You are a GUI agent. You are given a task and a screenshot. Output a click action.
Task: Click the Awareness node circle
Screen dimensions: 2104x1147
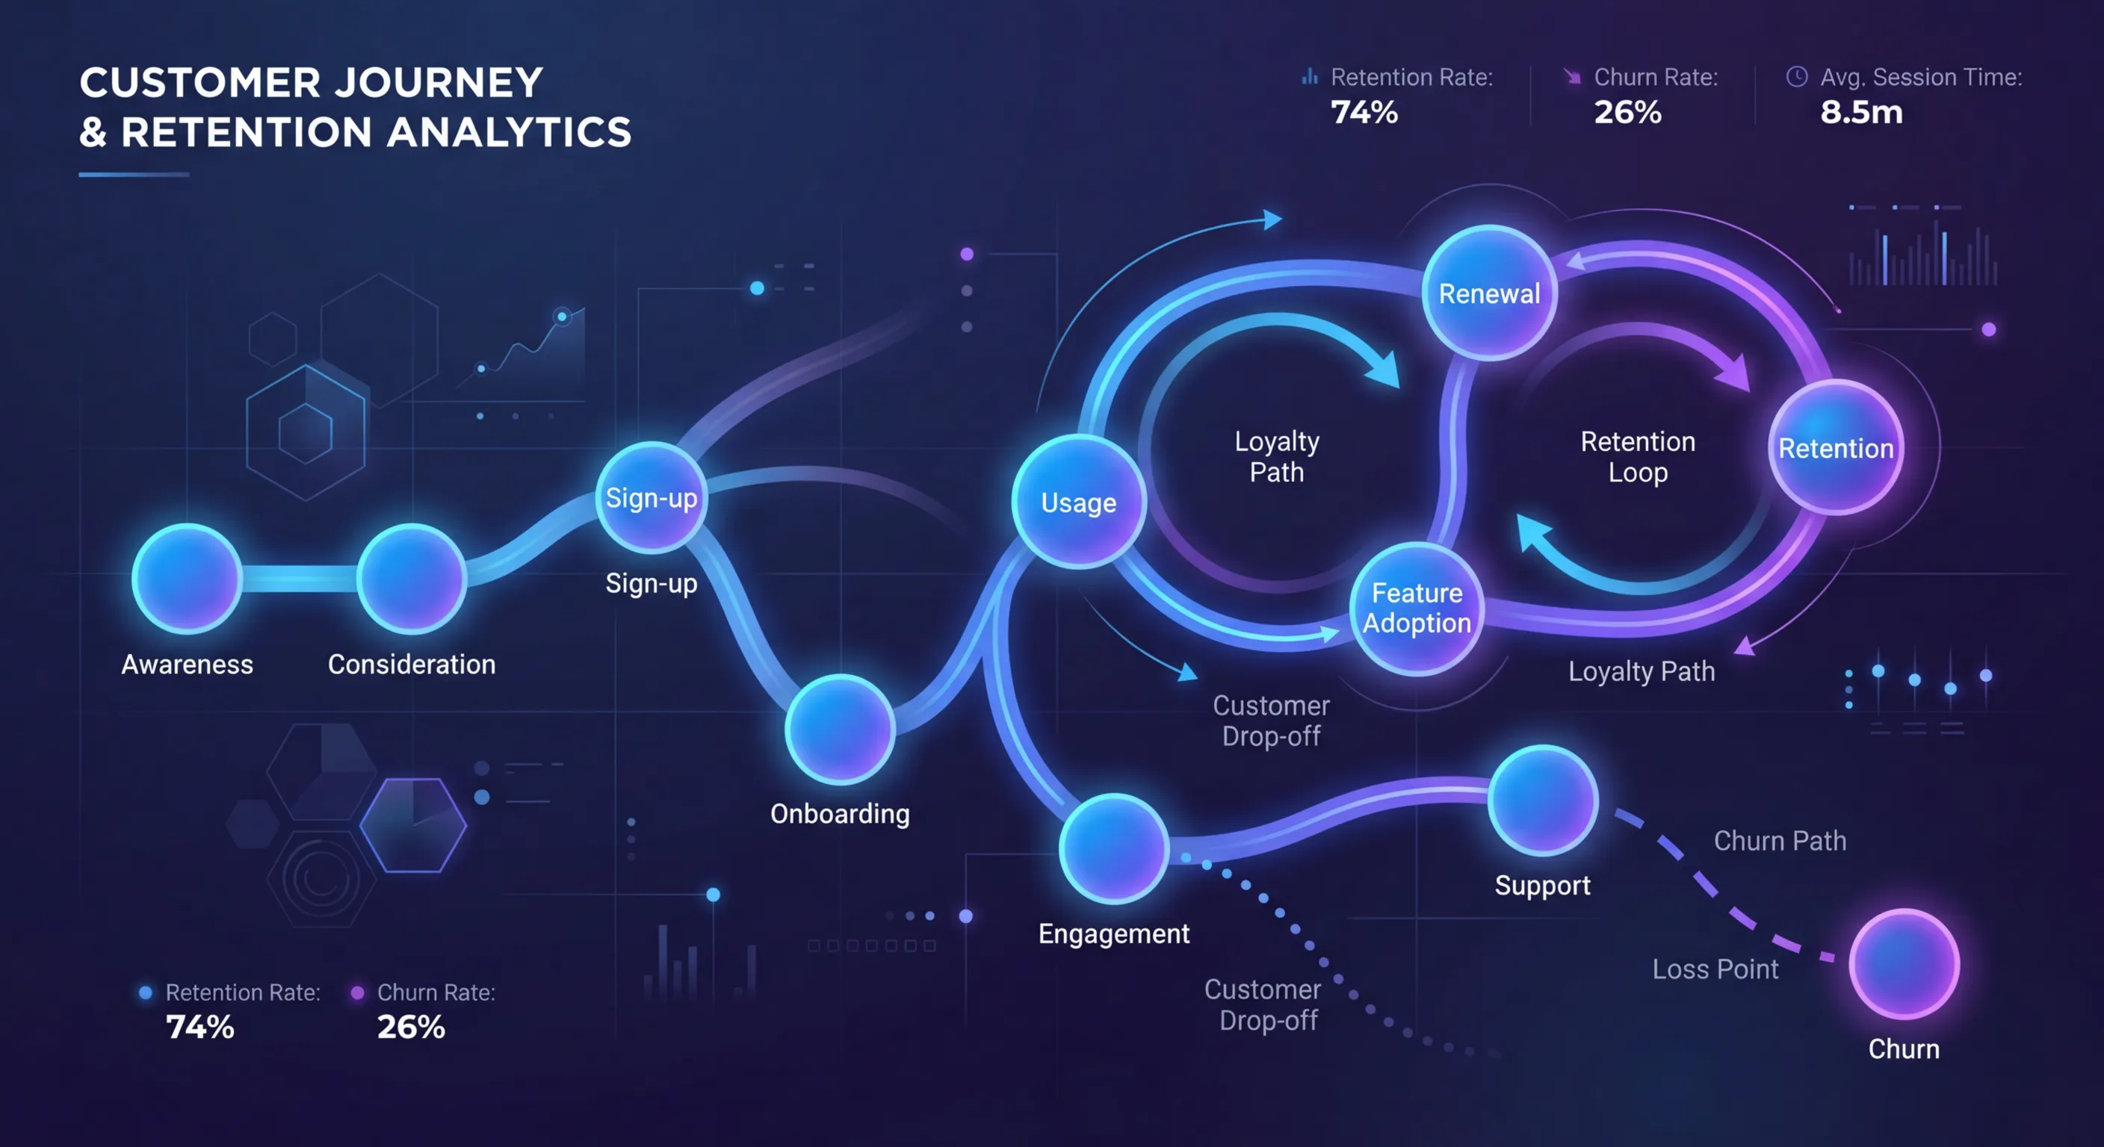[x=187, y=578]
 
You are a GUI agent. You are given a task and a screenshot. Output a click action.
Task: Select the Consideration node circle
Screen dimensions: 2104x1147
[x=412, y=578]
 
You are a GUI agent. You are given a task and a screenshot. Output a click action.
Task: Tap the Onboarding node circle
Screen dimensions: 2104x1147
[x=840, y=729]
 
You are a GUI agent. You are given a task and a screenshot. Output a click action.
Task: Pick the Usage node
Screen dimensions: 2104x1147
[x=1078, y=501]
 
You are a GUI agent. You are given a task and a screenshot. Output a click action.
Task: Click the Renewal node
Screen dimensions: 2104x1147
[x=1489, y=292]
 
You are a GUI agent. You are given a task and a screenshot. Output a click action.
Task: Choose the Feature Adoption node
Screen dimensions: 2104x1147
[x=1417, y=608]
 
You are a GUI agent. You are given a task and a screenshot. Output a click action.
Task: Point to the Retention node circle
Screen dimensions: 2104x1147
[x=1835, y=447]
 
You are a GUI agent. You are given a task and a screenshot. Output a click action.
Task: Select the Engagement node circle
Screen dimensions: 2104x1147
[x=1113, y=848]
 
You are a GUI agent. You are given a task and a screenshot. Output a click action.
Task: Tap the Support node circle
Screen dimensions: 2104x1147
[x=1542, y=800]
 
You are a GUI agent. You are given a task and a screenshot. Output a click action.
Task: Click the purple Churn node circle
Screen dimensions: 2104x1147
[x=1904, y=963]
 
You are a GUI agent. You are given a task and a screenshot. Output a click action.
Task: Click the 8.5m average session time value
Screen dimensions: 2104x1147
[x=1861, y=112]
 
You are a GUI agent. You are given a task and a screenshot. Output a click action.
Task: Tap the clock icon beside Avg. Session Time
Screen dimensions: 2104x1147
[x=1797, y=77]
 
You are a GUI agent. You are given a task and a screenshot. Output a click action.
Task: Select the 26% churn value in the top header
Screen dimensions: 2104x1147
[x=1627, y=112]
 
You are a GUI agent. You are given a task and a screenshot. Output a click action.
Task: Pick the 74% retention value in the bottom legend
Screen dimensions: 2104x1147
[x=200, y=1026]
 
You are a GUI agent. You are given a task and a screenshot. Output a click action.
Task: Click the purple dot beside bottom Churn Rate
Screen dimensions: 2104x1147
[x=357, y=992]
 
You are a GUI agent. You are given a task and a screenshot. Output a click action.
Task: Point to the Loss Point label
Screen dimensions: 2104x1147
[x=1715, y=969]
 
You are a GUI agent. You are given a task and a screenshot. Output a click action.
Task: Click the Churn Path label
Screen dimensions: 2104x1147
[x=1780, y=841]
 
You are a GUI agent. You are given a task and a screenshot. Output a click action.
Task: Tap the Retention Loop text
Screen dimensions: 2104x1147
[x=1638, y=456]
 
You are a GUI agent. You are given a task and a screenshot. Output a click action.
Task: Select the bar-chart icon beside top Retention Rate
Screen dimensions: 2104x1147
[x=1310, y=77]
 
